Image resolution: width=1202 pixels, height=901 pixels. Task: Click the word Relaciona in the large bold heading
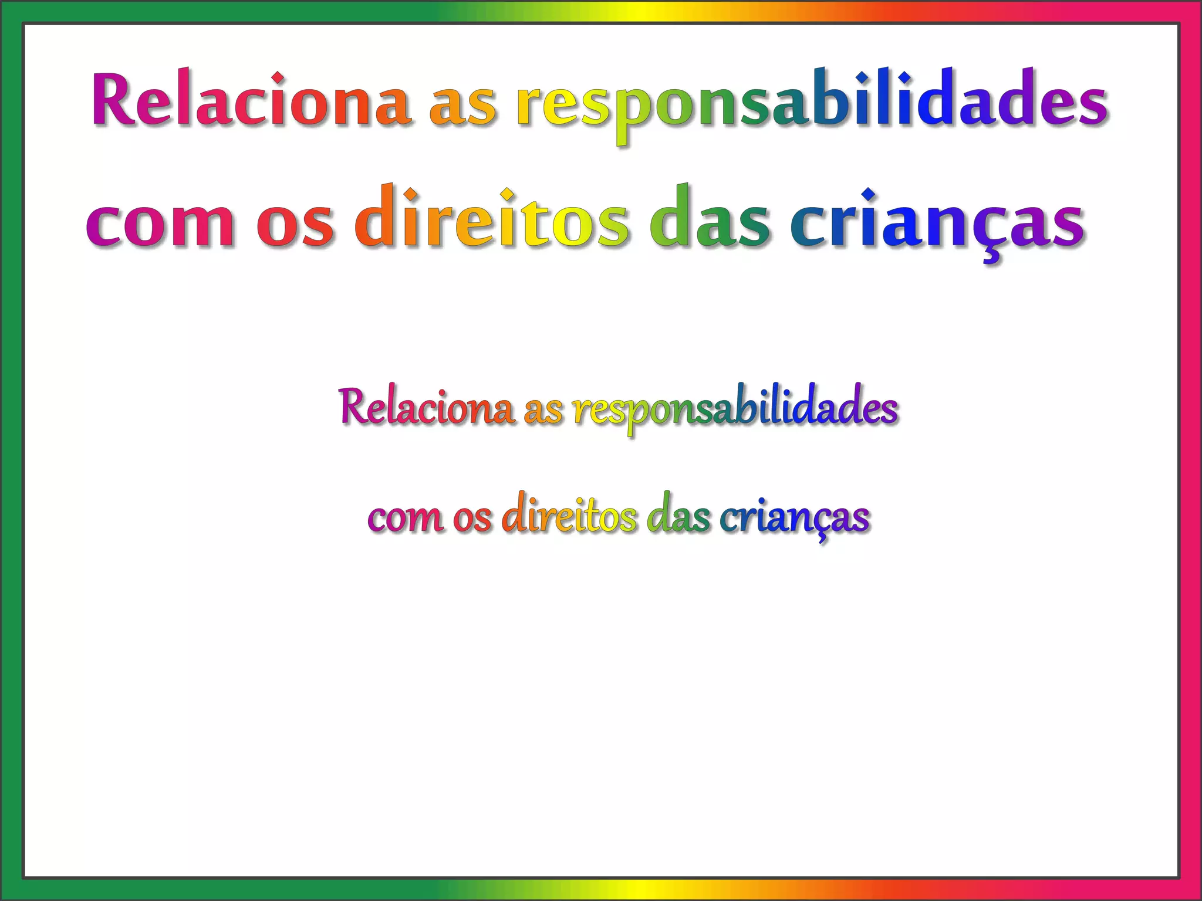tap(251, 100)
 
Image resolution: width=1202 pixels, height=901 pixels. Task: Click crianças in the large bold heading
tap(937, 220)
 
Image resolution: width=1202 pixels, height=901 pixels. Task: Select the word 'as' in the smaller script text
tap(543, 411)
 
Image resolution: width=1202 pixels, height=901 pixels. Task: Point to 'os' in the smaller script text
tap(472, 519)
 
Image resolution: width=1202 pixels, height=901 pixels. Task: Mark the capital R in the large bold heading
tap(117, 99)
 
